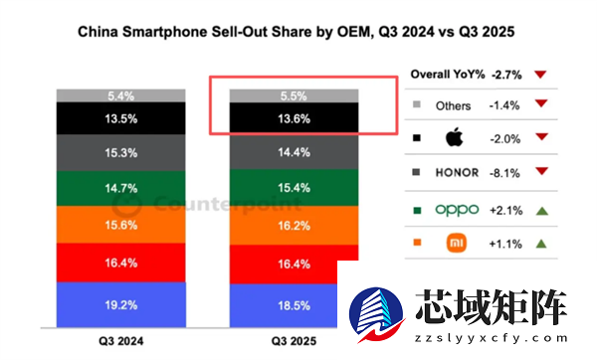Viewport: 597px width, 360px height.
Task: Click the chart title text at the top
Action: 298,33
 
